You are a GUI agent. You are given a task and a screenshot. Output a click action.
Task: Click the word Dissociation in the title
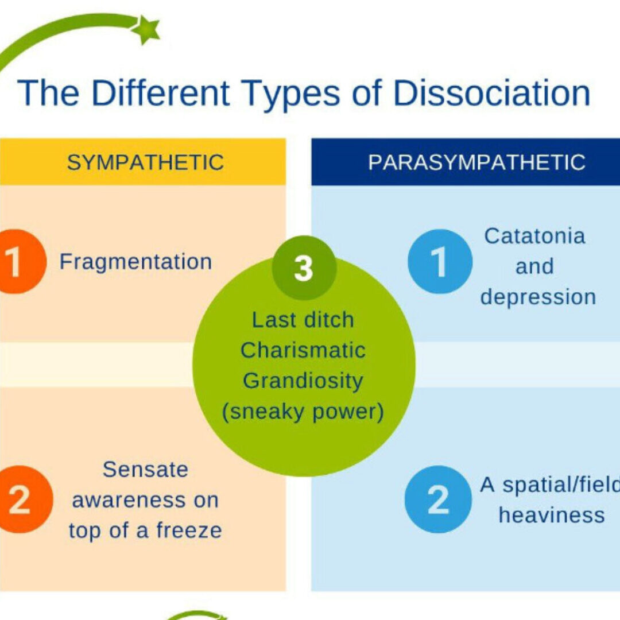(491, 93)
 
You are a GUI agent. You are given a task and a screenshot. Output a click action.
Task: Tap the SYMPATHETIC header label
(145, 162)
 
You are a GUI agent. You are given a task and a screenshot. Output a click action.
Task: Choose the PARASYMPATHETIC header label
(476, 162)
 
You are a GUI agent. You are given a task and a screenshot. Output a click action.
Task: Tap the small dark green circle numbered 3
(304, 268)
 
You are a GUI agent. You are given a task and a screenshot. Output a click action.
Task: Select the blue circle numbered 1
(440, 262)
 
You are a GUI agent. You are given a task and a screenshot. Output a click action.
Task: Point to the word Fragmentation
(136, 262)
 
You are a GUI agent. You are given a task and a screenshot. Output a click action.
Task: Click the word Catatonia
(534, 235)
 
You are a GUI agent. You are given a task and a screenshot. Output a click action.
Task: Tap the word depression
(538, 297)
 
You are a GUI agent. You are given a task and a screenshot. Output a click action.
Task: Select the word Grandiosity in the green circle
(303, 381)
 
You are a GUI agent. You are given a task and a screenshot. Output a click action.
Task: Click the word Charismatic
(303, 350)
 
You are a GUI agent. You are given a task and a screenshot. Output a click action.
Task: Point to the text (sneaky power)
(303, 412)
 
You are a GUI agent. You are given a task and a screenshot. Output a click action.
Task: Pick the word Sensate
(145, 470)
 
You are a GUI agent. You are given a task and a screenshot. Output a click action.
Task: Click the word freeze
(187, 530)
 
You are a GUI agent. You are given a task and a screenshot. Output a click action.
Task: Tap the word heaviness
(552, 515)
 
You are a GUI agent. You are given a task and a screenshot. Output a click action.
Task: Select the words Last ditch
(303, 320)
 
